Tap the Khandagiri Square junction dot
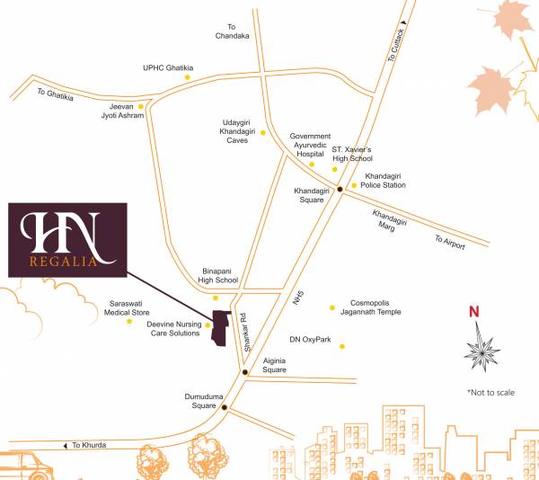click(x=340, y=189)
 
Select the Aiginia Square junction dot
click(x=244, y=370)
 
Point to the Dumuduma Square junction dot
click(x=225, y=407)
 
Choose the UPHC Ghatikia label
click(x=168, y=67)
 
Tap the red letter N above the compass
click(x=475, y=313)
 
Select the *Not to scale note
click(x=490, y=393)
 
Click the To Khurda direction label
click(x=91, y=445)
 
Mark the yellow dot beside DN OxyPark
click(x=341, y=346)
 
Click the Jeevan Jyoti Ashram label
click(x=121, y=111)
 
